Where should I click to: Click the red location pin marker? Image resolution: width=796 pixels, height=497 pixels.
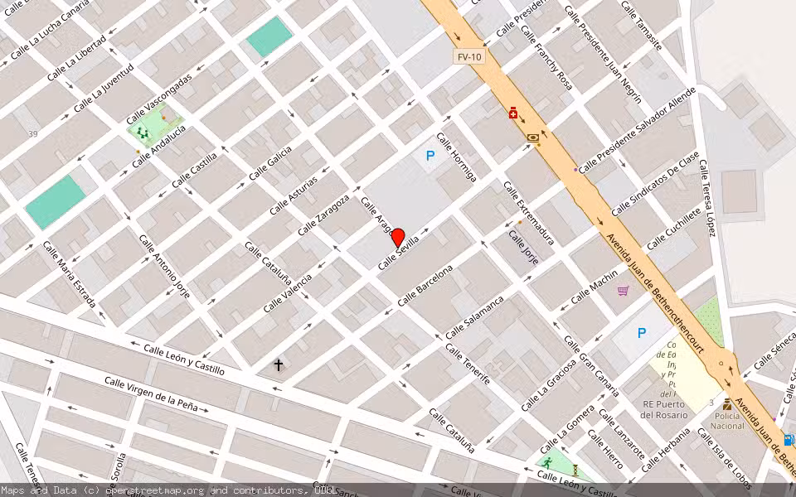click(x=397, y=237)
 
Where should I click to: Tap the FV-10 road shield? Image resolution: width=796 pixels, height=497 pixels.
click(x=468, y=57)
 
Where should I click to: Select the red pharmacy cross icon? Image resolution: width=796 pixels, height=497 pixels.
click(x=514, y=113)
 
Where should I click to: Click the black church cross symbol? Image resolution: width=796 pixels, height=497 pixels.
click(x=279, y=364)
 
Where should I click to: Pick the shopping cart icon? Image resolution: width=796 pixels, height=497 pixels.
click(x=623, y=291)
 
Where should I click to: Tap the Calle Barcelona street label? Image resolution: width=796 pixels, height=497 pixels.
click(x=425, y=285)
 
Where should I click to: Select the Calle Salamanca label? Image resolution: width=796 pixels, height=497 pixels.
click(x=474, y=316)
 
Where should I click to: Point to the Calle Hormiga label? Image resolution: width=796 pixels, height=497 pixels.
click(x=457, y=157)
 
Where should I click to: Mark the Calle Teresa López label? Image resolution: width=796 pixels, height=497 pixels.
click(x=706, y=197)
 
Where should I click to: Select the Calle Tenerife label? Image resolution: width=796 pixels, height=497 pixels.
click(x=468, y=364)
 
